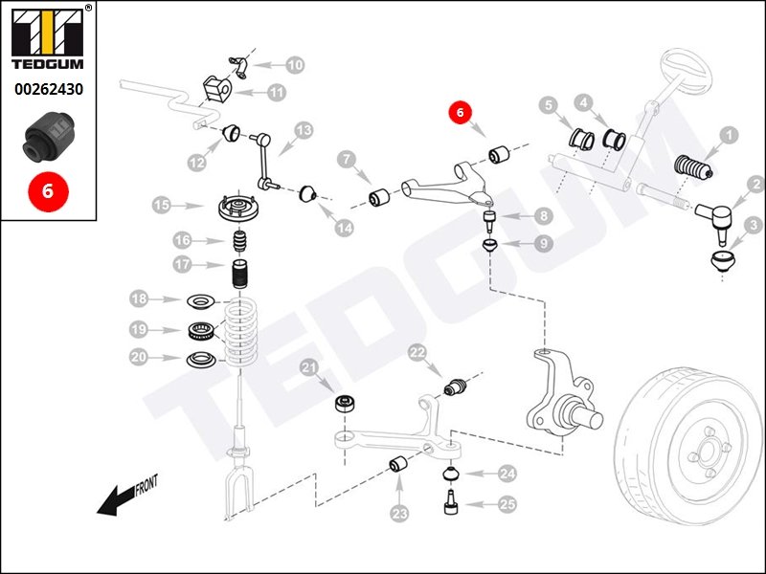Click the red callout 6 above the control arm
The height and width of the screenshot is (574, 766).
460,113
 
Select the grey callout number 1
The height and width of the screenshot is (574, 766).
730,136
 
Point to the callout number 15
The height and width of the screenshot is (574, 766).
163,205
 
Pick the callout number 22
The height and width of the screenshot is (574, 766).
417,353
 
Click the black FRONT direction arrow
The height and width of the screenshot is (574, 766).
120,497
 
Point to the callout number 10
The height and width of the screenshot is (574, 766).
294,65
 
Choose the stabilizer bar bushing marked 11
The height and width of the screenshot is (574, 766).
219,87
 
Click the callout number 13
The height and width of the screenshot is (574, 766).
304,130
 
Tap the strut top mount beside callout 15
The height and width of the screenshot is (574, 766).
237,210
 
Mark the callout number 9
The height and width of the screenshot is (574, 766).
542,244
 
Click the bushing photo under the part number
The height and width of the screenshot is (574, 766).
47,137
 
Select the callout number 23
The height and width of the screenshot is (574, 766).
399,514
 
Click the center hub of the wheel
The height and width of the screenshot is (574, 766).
706,453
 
